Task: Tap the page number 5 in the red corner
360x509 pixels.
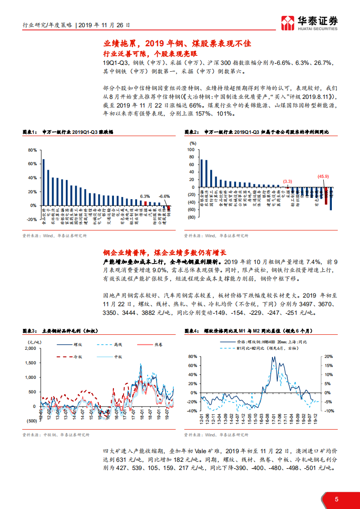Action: coord(336,499)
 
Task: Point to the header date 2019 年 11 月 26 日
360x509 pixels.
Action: coord(104,26)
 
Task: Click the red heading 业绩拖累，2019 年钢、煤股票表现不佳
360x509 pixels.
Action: coord(177,44)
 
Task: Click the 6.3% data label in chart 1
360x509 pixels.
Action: coord(145,196)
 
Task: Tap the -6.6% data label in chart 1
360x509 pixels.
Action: coord(164,196)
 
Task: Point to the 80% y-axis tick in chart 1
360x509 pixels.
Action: coord(32,150)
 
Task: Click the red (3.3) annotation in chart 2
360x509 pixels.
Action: coord(287,181)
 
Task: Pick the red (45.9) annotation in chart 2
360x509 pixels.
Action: coord(323,176)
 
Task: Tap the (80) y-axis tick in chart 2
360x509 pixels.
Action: coord(191,217)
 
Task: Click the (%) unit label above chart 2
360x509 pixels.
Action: coord(192,143)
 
